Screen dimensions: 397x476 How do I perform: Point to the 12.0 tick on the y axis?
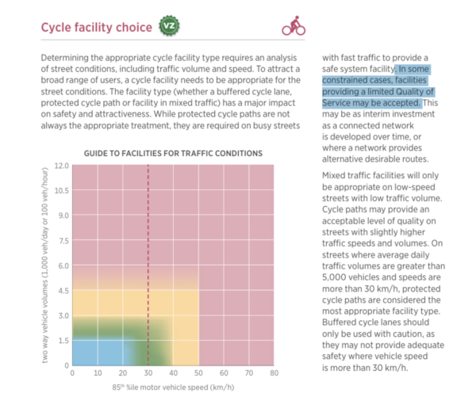(60, 166)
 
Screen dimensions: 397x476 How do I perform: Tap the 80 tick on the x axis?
(274, 372)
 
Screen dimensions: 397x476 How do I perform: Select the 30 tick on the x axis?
(148, 372)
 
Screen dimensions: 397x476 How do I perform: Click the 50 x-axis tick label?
(198, 372)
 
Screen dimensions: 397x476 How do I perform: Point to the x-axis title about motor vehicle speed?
(174, 388)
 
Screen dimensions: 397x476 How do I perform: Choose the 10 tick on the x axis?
(98, 372)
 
